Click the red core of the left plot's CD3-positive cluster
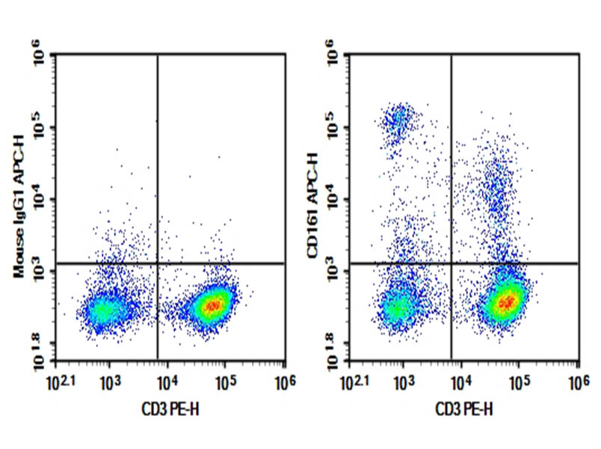pyautogui.click(x=213, y=305)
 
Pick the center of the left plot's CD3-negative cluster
pyautogui.click(x=105, y=309)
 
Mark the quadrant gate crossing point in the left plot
pyautogui.click(x=158, y=263)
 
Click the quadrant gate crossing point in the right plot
pyautogui.click(x=451, y=263)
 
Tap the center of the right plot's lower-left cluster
pyautogui.click(x=398, y=307)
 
